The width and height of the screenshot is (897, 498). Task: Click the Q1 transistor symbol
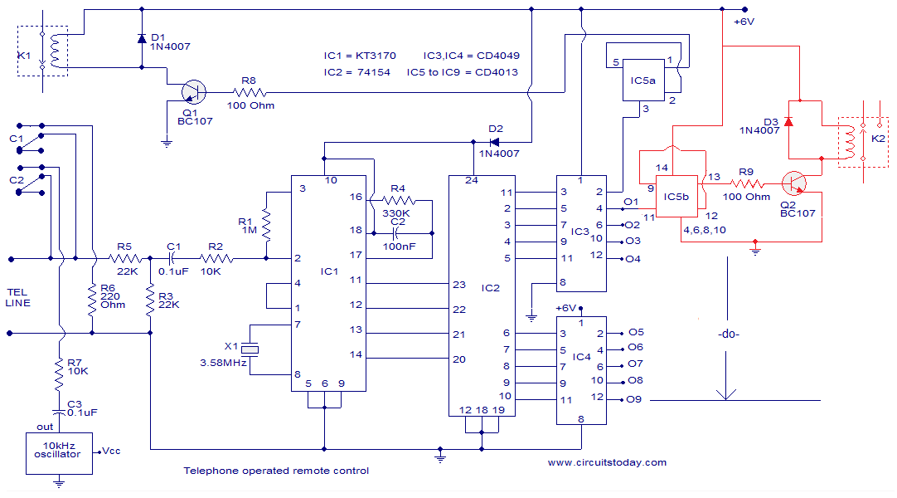[194, 91]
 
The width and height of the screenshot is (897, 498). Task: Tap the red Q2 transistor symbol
[794, 183]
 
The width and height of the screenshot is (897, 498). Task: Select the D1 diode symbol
[142, 39]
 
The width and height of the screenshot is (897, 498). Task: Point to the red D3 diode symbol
[788, 121]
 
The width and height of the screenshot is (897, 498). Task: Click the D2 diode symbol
[494, 142]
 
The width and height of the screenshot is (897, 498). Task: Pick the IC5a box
[643, 81]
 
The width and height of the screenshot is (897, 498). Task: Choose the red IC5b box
[676, 197]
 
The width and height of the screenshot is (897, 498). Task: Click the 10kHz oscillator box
[59, 453]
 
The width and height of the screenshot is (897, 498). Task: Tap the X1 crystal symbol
[250, 349]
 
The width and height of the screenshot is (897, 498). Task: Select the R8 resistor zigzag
[250, 91]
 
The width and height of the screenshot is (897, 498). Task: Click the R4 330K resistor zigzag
[399, 200]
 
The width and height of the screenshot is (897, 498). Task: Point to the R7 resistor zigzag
[59, 374]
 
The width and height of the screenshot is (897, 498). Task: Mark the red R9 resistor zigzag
[747, 183]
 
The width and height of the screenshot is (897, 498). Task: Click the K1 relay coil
[55, 51]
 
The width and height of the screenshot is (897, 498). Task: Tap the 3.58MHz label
[224, 363]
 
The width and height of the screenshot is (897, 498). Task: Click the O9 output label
[634, 399]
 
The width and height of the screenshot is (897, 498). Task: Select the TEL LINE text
[17, 298]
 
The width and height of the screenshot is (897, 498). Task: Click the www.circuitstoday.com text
[607, 462]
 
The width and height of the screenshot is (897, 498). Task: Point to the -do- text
[728, 334]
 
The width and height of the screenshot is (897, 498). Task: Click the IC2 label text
[490, 288]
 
